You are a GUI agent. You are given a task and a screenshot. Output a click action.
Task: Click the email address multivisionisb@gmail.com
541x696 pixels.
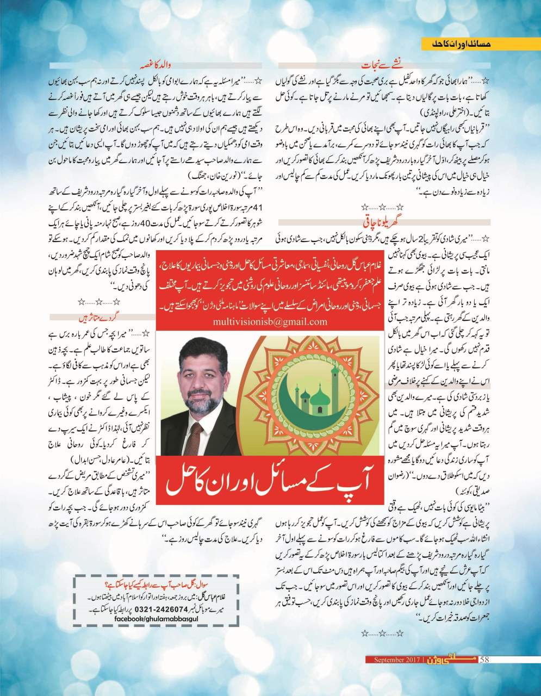[270, 321]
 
